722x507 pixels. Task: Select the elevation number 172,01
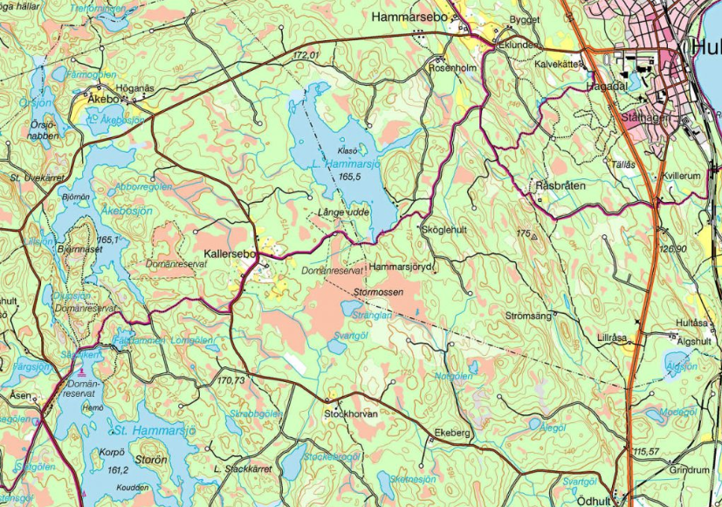307,55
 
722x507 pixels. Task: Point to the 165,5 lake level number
351,177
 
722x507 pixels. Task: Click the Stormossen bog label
379,293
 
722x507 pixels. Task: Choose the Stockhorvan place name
351,413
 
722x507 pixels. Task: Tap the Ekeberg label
451,432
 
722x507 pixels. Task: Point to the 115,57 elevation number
647,450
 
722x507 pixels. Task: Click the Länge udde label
341,212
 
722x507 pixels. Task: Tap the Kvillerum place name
682,176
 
